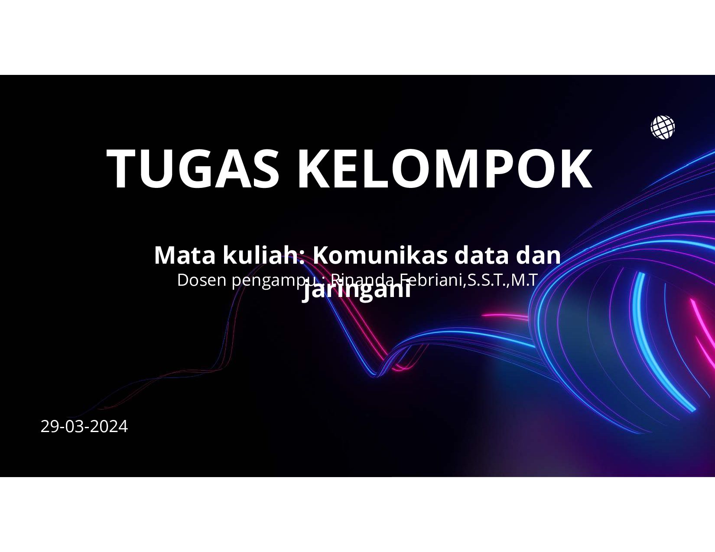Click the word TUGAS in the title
(x=193, y=169)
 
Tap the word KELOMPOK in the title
(x=444, y=169)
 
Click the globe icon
(x=663, y=127)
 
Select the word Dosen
(x=202, y=280)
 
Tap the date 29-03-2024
(x=84, y=426)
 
